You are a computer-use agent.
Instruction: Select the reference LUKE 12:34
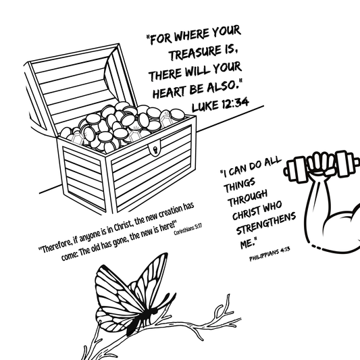(x=220, y=105)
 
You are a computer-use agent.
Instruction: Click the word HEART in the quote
(x=170, y=91)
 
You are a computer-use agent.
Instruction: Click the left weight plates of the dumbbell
(x=297, y=170)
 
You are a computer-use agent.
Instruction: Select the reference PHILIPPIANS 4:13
(x=269, y=254)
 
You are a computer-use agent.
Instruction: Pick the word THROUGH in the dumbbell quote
(x=247, y=198)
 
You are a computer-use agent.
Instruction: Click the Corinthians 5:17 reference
(x=188, y=229)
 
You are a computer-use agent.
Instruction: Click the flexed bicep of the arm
(x=342, y=224)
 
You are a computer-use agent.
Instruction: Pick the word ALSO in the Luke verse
(x=221, y=86)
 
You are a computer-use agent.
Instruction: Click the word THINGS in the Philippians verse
(x=240, y=185)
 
